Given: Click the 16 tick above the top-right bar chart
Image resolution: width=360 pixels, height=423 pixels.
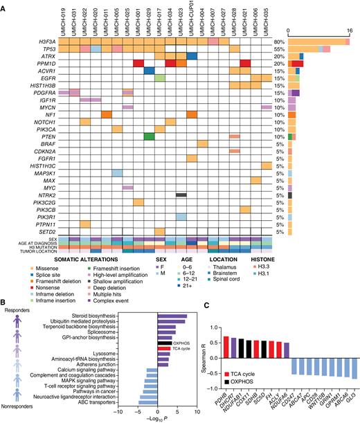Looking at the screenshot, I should pyautogui.click(x=350, y=33).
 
